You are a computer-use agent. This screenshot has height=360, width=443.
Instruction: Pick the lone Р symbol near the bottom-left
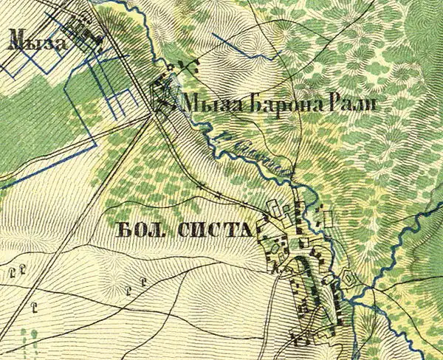pyautogui.click(x=33, y=303)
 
